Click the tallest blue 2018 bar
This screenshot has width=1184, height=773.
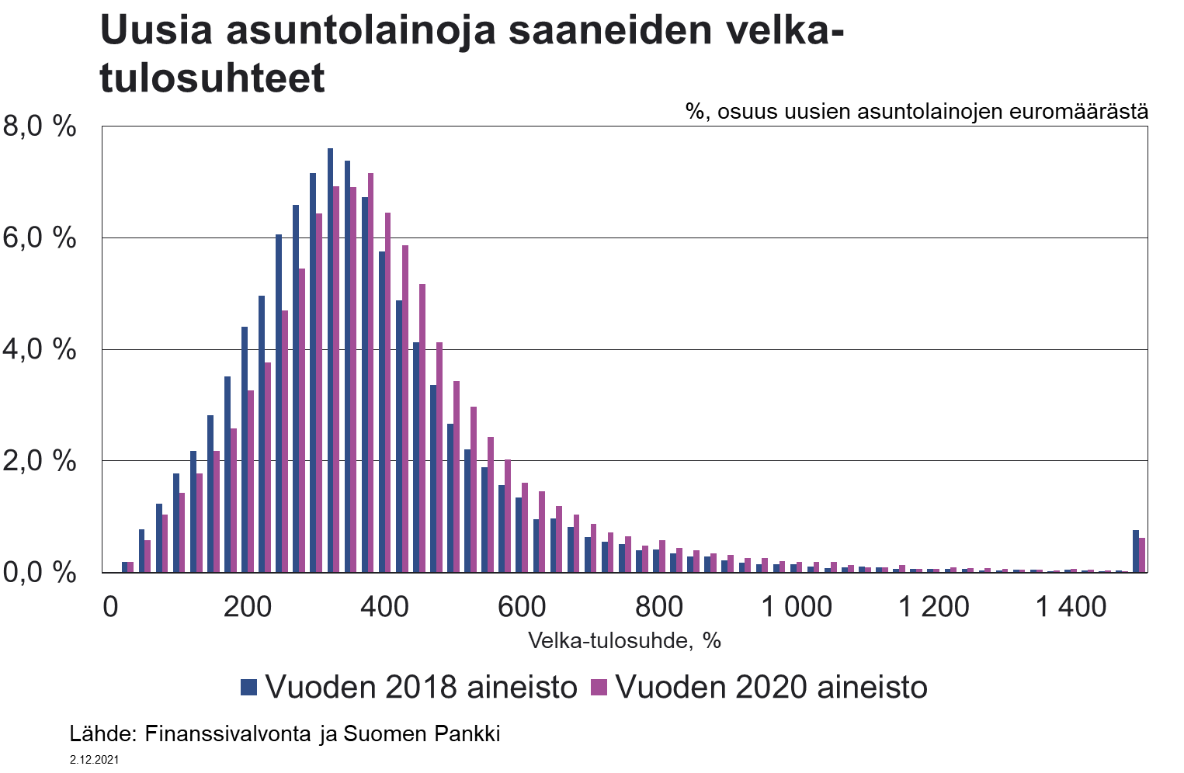click(x=330, y=361)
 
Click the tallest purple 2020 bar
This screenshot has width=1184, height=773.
click(x=370, y=373)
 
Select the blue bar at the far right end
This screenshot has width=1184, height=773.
click(x=1135, y=552)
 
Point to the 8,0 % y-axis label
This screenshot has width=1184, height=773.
click(x=40, y=126)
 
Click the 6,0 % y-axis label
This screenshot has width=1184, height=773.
click(x=40, y=237)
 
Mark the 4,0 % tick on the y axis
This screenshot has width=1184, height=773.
click(x=40, y=349)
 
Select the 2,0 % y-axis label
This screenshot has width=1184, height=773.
click(x=40, y=461)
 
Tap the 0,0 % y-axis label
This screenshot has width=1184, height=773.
click(x=40, y=573)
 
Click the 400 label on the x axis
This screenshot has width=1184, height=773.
click(x=384, y=606)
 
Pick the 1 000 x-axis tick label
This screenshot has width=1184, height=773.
click(x=797, y=606)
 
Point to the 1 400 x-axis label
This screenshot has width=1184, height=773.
click(x=1071, y=606)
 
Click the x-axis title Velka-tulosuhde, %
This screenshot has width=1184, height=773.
click(x=624, y=640)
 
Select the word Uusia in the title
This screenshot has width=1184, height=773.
click(x=156, y=31)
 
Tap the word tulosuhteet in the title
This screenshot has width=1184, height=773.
click(x=212, y=78)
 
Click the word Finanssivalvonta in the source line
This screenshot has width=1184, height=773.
click(x=228, y=733)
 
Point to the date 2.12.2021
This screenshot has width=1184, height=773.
click(x=94, y=760)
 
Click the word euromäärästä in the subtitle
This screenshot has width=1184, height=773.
click(x=1078, y=111)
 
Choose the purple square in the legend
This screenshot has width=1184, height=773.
click(x=599, y=687)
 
